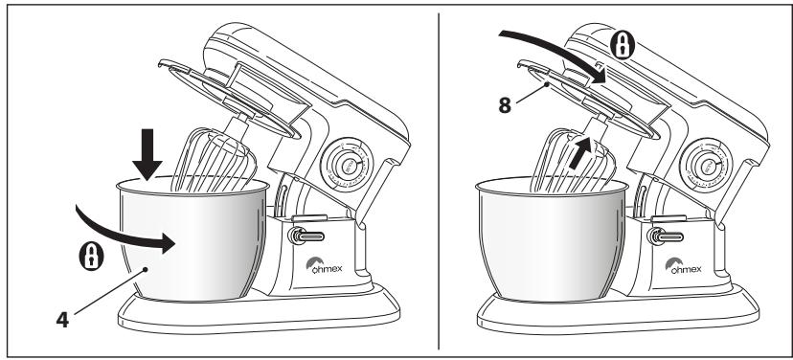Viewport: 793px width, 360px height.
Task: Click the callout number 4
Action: tap(62, 320)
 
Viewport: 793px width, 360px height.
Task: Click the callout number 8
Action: tap(505, 105)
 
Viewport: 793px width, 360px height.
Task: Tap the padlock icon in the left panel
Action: tap(92, 256)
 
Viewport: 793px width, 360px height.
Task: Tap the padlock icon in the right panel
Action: tap(623, 45)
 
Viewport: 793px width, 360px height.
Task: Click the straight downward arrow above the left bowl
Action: tap(147, 154)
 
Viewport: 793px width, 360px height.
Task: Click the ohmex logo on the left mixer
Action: tap(324, 265)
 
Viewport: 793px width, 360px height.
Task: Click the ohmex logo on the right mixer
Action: tap(683, 265)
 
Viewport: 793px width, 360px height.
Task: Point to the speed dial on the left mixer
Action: tap(348, 165)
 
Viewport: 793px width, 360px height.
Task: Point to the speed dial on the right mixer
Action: tap(707, 165)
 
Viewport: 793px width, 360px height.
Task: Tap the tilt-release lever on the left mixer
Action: tap(306, 236)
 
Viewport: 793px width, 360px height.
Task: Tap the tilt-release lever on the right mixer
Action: tap(666, 236)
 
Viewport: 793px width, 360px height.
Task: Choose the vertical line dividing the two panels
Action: tap(439, 181)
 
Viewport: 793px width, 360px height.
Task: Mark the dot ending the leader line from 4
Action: tap(146, 269)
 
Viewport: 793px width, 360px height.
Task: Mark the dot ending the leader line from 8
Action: tap(547, 85)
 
